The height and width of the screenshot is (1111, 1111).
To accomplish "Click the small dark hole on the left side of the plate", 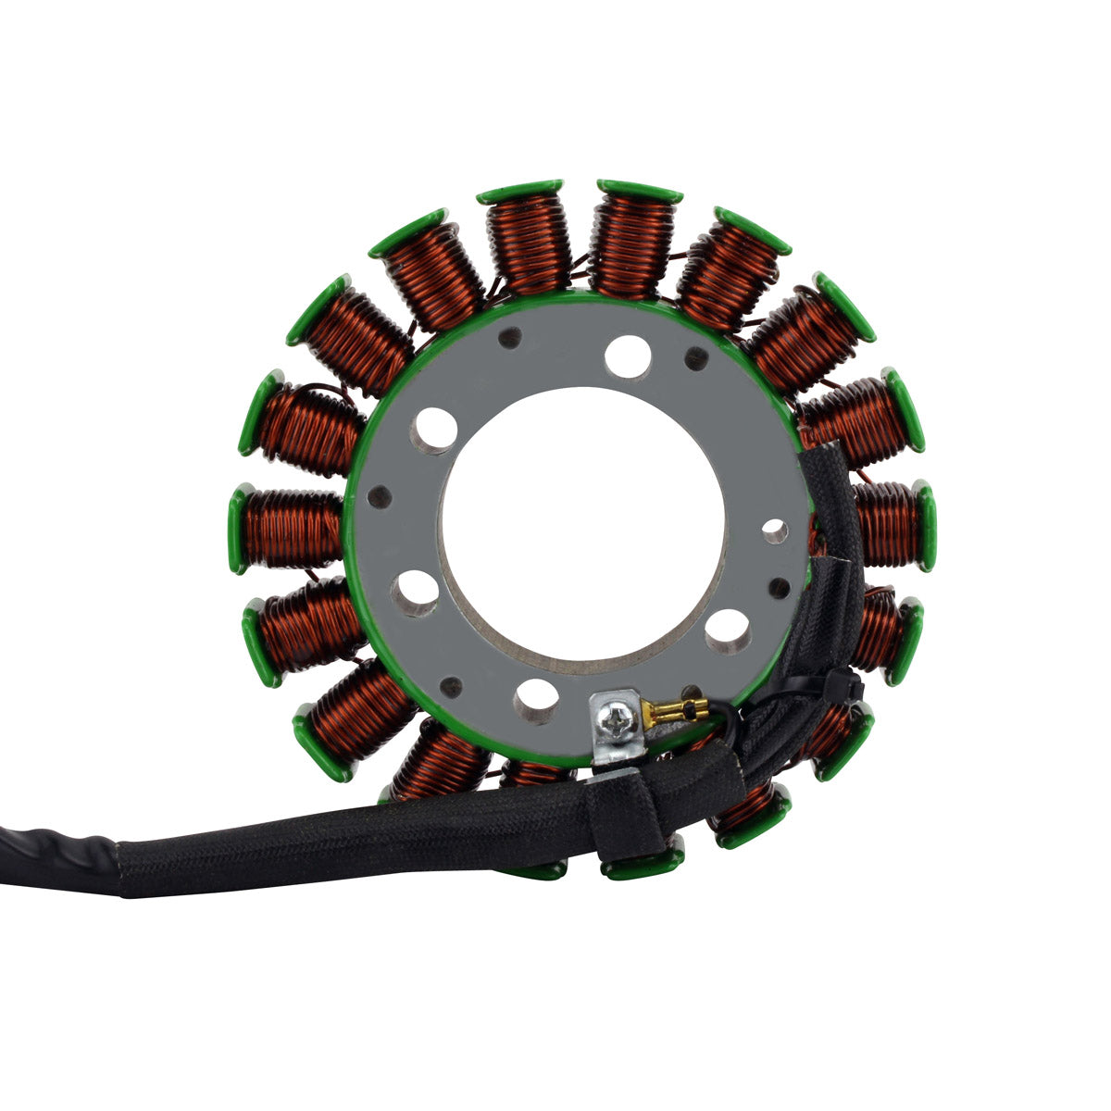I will coord(375,498).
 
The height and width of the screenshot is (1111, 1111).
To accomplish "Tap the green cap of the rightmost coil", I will coord(927,524).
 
